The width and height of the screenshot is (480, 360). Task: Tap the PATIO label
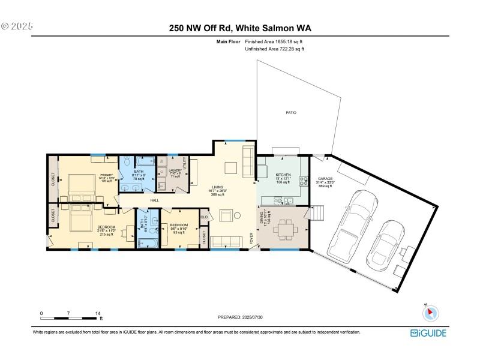(290, 113)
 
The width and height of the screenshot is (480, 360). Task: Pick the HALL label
(154, 200)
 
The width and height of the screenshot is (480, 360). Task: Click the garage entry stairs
(317, 214)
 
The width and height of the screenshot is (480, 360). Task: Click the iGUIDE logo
(428, 333)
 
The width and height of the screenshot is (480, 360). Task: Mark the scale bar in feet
(69, 316)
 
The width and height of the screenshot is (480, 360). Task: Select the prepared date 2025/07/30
(239, 317)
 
